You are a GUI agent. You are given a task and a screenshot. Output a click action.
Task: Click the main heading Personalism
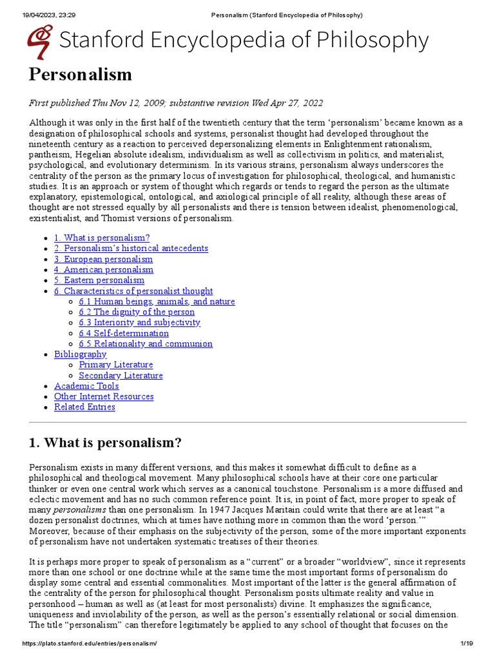[81, 75]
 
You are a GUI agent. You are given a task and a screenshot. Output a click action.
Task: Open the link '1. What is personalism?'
[102, 238]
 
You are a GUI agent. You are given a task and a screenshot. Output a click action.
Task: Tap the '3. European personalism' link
[103, 259]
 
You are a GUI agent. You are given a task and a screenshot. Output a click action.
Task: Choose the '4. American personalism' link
[104, 270]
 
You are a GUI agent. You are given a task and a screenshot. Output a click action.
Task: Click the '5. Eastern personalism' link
[99, 280]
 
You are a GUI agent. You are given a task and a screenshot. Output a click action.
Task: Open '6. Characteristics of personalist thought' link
[133, 291]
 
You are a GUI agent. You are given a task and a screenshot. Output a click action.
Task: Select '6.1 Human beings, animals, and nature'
[157, 301]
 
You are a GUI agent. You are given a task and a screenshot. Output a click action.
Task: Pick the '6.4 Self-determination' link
[124, 333]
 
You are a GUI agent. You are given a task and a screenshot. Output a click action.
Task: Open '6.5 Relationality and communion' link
[146, 344]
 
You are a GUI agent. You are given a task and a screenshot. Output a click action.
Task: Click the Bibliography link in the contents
[80, 354]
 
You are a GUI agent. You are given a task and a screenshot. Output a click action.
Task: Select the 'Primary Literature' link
[116, 365]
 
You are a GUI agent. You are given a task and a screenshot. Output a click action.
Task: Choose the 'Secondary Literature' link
[121, 375]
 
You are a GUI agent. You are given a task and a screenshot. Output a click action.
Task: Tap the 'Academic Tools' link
[86, 386]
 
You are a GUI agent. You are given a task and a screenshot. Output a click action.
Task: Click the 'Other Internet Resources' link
[104, 396]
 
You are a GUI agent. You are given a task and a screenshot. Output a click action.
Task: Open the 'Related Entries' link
[84, 407]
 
